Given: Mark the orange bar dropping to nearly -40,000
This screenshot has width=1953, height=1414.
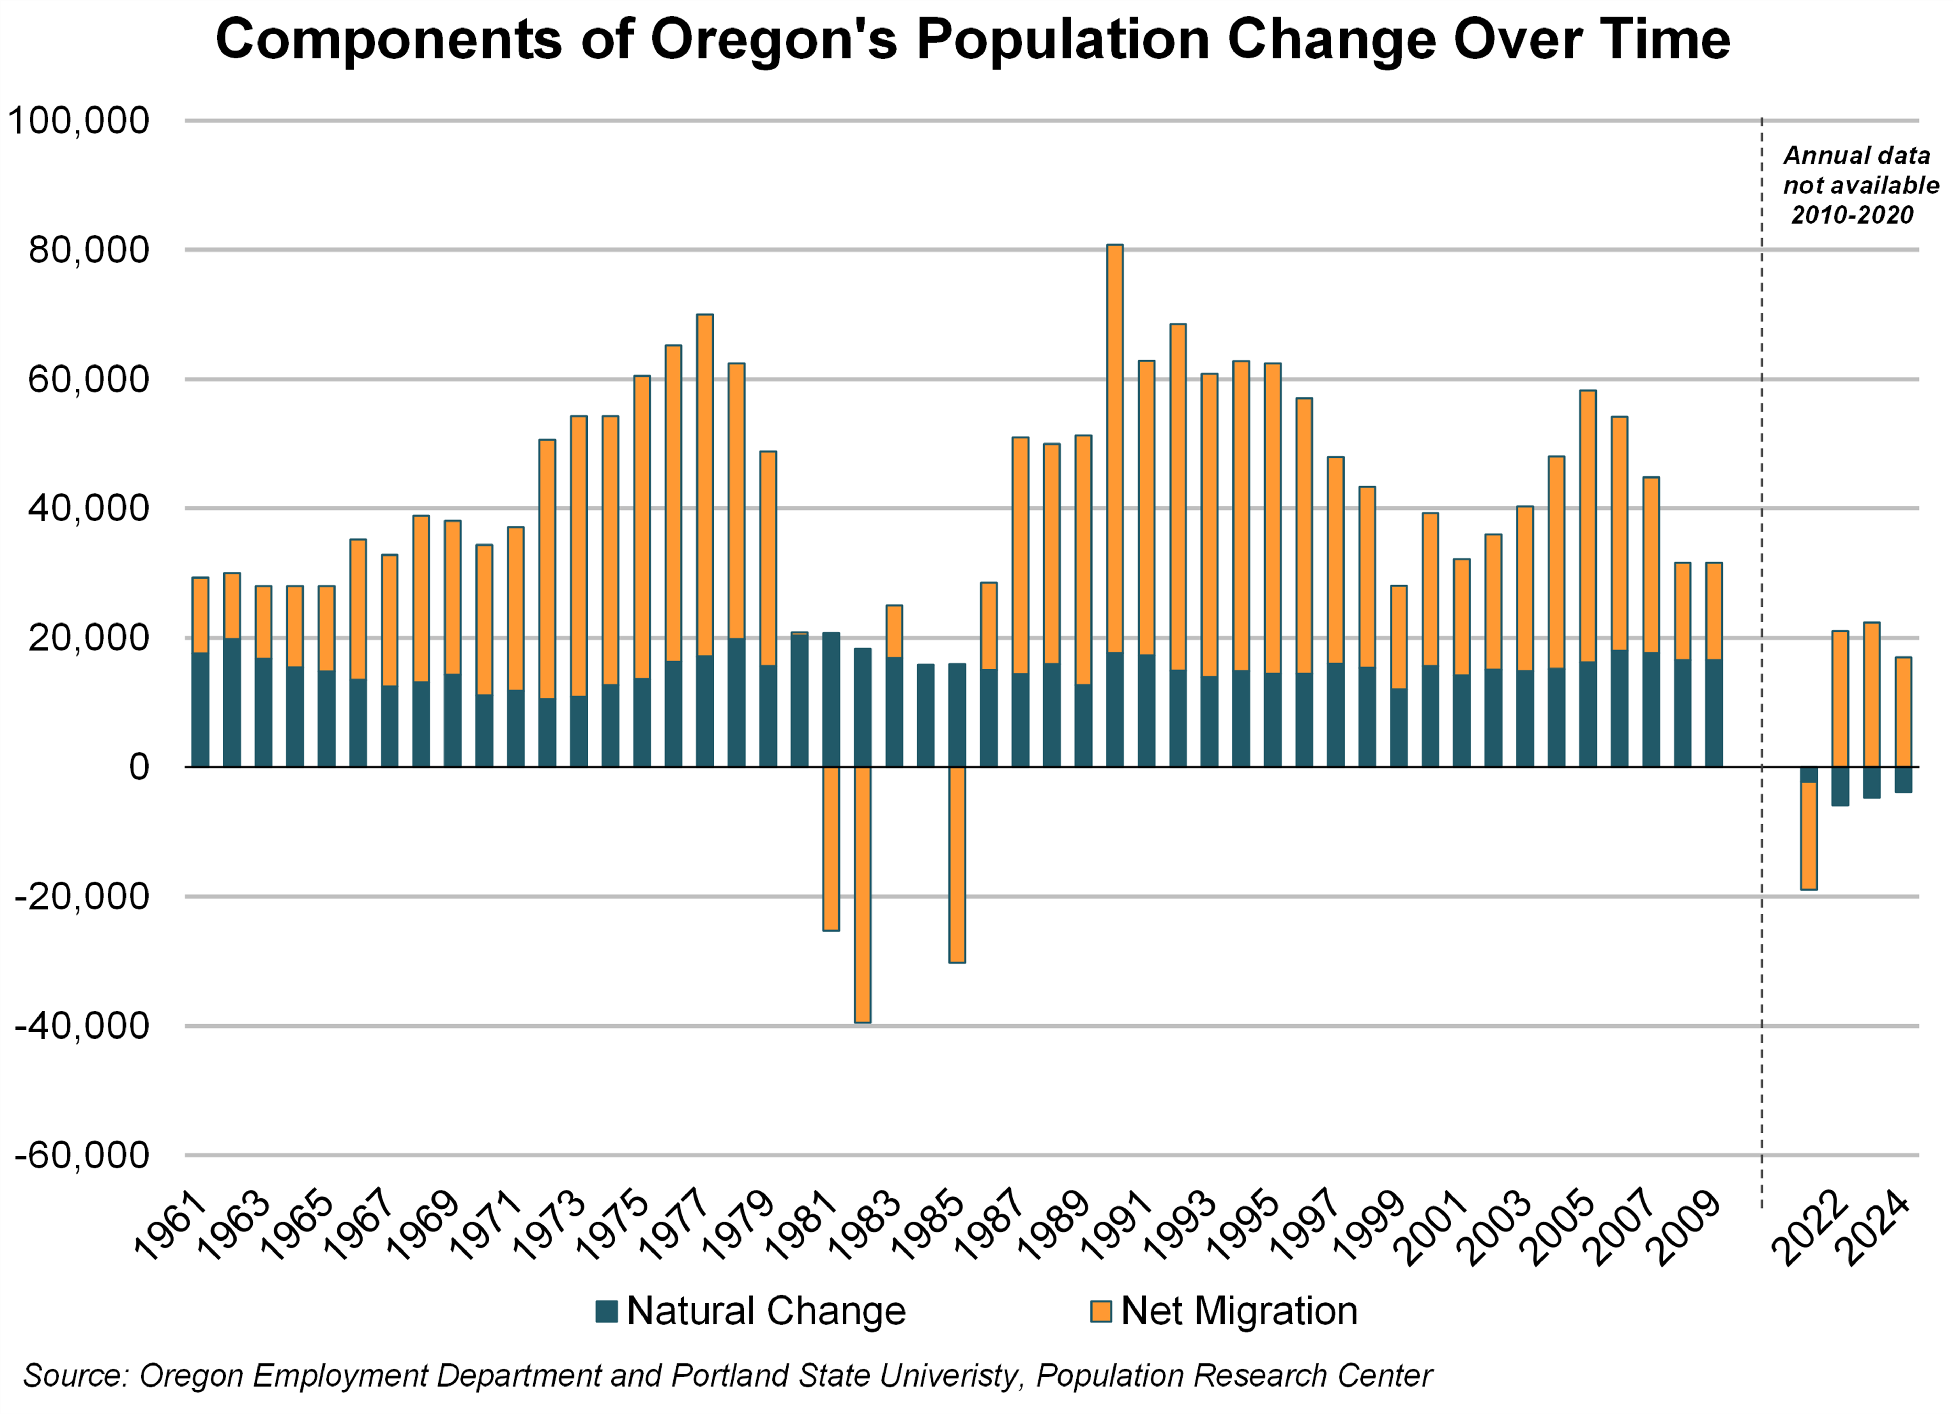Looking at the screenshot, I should point(862,895).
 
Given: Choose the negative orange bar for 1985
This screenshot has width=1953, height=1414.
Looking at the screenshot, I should point(957,865).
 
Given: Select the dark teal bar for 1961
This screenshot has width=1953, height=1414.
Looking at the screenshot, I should point(200,710).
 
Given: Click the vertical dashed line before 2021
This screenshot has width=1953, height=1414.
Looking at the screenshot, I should point(1762,516).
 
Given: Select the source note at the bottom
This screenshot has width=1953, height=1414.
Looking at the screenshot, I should point(728,1375).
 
